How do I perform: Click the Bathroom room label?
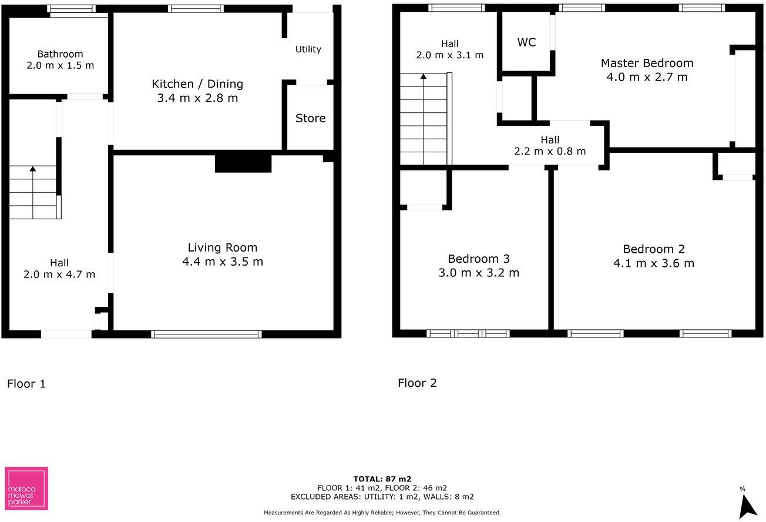point(60,54)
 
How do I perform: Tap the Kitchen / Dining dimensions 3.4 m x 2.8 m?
point(197,98)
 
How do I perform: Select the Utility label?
point(308,49)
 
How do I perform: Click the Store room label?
point(310,118)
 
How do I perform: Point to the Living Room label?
point(223,247)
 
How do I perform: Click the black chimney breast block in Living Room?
point(243,162)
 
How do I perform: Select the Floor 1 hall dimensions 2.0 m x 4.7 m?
point(59,275)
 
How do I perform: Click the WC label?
point(526,42)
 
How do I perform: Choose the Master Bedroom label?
point(647,63)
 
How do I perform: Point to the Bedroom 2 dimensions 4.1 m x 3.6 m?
point(654,263)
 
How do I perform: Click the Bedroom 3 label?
point(479,259)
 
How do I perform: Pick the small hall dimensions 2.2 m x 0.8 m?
point(550,151)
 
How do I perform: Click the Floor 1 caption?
point(26,384)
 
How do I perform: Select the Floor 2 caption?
point(417,383)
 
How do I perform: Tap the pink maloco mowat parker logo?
point(26,488)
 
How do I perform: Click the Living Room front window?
point(206,334)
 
